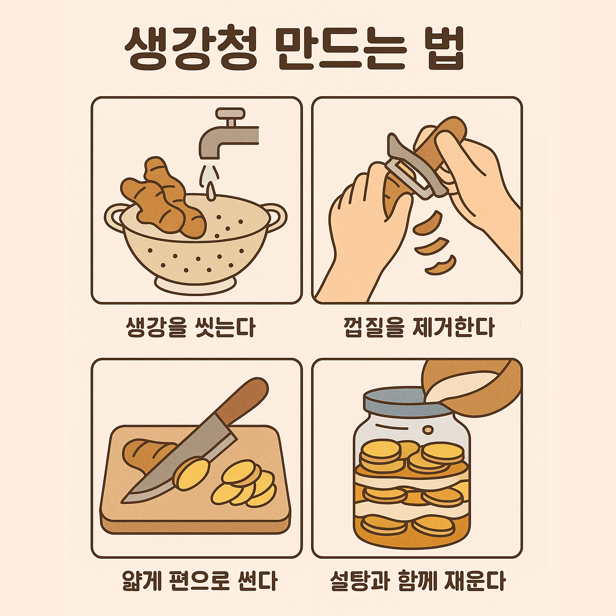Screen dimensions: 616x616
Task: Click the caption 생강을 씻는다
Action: tap(190, 327)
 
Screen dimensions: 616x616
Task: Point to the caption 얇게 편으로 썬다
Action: tap(199, 581)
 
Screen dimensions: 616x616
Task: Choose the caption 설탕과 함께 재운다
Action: tap(418, 581)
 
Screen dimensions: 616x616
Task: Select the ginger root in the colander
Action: tap(164, 199)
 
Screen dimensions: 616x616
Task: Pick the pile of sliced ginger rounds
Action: tap(244, 483)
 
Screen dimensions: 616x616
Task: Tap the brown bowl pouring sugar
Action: tap(479, 382)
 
